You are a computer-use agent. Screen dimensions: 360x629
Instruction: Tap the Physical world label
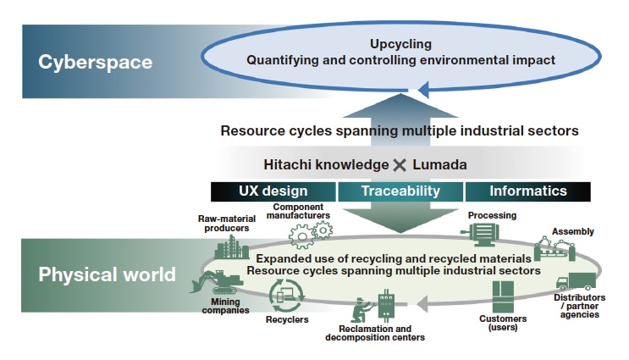point(107,274)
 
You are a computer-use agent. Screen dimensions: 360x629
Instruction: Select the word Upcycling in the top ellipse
point(400,43)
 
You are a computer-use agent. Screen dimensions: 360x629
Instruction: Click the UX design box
point(273,191)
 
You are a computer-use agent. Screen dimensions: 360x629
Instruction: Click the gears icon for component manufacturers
point(306,234)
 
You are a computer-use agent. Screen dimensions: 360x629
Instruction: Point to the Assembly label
point(573,230)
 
